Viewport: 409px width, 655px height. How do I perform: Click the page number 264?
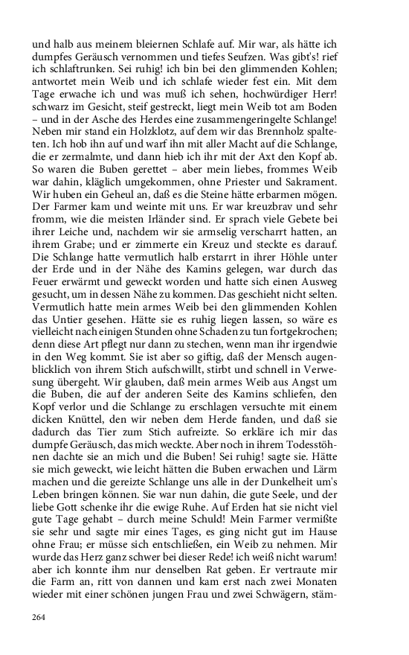click(x=39, y=617)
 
